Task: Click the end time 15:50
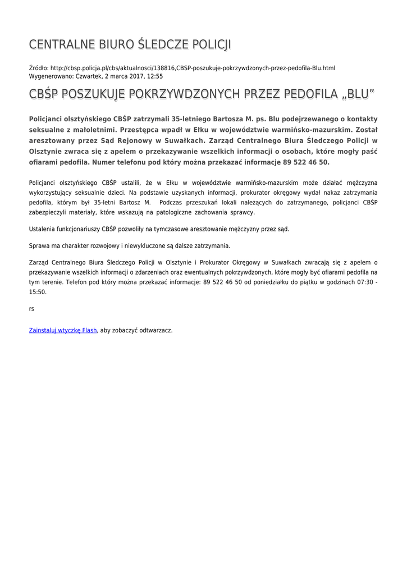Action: point(38,292)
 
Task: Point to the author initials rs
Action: point(31,308)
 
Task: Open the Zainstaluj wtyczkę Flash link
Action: point(63,330)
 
